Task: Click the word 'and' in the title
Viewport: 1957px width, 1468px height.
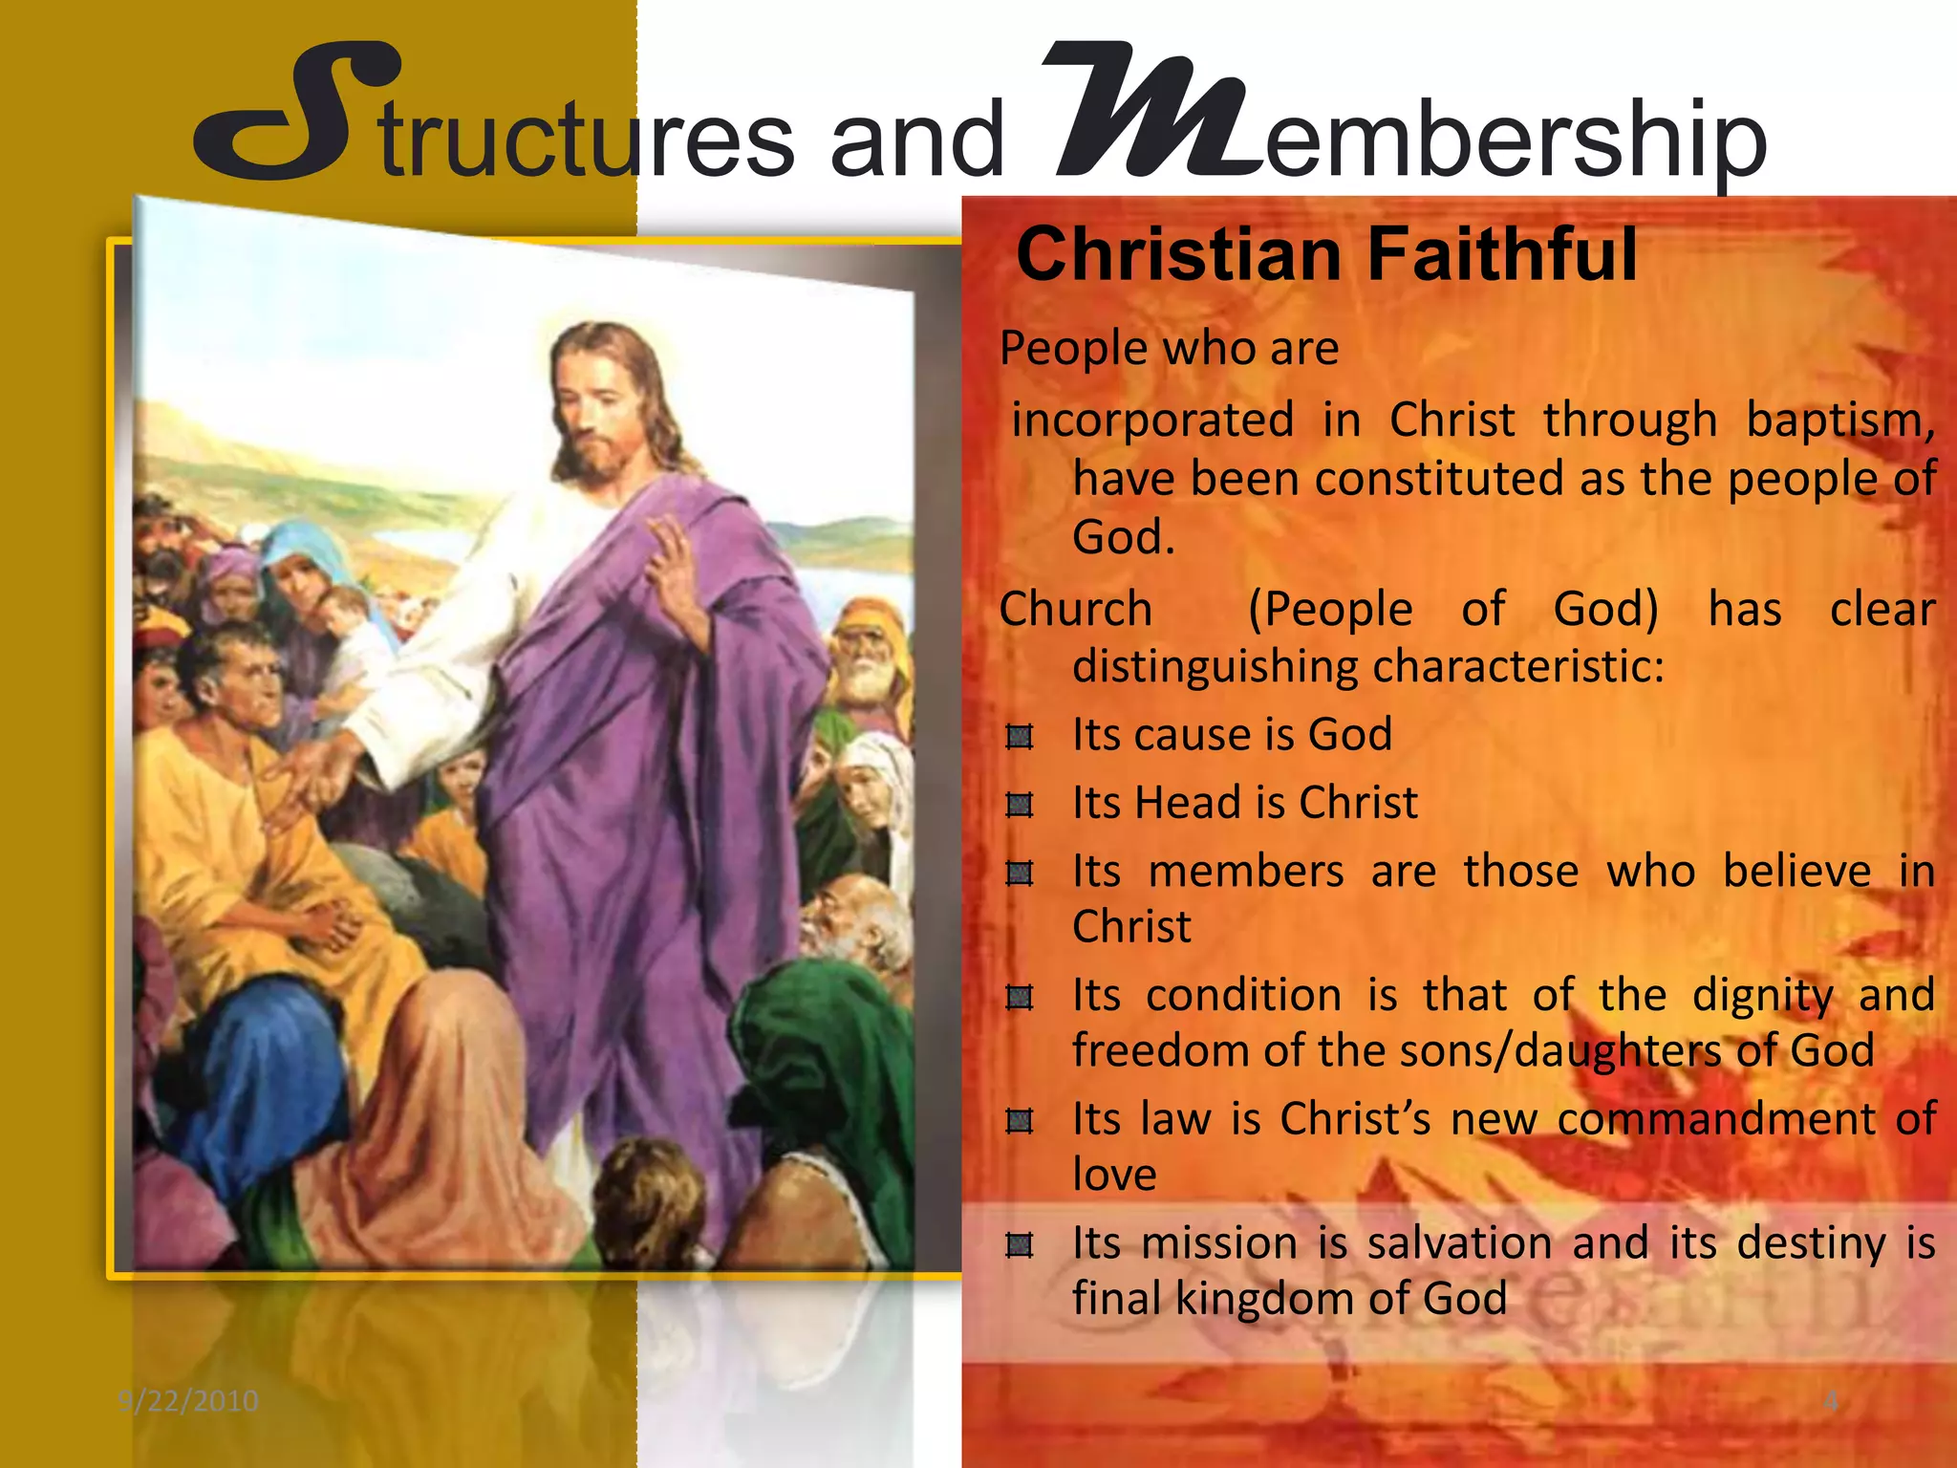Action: tap(917, 141)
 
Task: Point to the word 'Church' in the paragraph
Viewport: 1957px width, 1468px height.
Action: tap(1076, 610)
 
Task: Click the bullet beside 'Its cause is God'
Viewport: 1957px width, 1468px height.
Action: tap(1020, 737)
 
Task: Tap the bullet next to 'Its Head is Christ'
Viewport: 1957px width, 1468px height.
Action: tap(1020, 806)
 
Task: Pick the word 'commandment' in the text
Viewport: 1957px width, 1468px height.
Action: tap(1717, 1119)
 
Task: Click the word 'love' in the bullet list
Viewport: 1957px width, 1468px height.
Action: tap(1114, 1175)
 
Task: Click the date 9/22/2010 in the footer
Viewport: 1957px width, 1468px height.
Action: tap(188, 1401)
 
